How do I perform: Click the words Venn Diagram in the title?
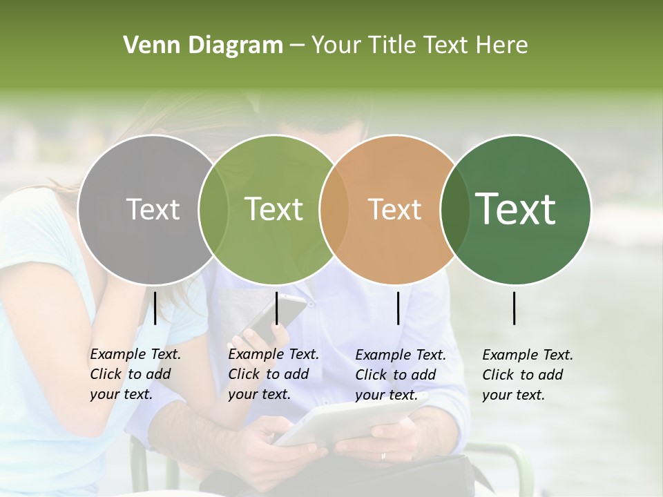[203, 45]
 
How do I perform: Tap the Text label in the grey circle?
[153, 209]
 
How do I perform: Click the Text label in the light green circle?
[274, 209]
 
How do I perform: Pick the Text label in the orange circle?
[395, 209]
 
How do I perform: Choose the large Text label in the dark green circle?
[516, 209]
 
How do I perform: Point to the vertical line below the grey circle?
[155, 308]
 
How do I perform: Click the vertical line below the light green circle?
[276, 308]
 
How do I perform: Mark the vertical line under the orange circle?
[398, 308]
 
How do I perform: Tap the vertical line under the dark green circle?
[515, 308]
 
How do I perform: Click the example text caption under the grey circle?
[135, 374]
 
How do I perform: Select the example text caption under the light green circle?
[273, 374]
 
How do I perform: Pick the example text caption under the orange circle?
[401, 375]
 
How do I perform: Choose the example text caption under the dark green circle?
[528, 375]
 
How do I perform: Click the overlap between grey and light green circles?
[213, 209]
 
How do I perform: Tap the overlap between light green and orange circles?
[334, 209]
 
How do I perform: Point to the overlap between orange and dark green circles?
[455, 209]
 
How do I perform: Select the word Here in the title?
[504, 45]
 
